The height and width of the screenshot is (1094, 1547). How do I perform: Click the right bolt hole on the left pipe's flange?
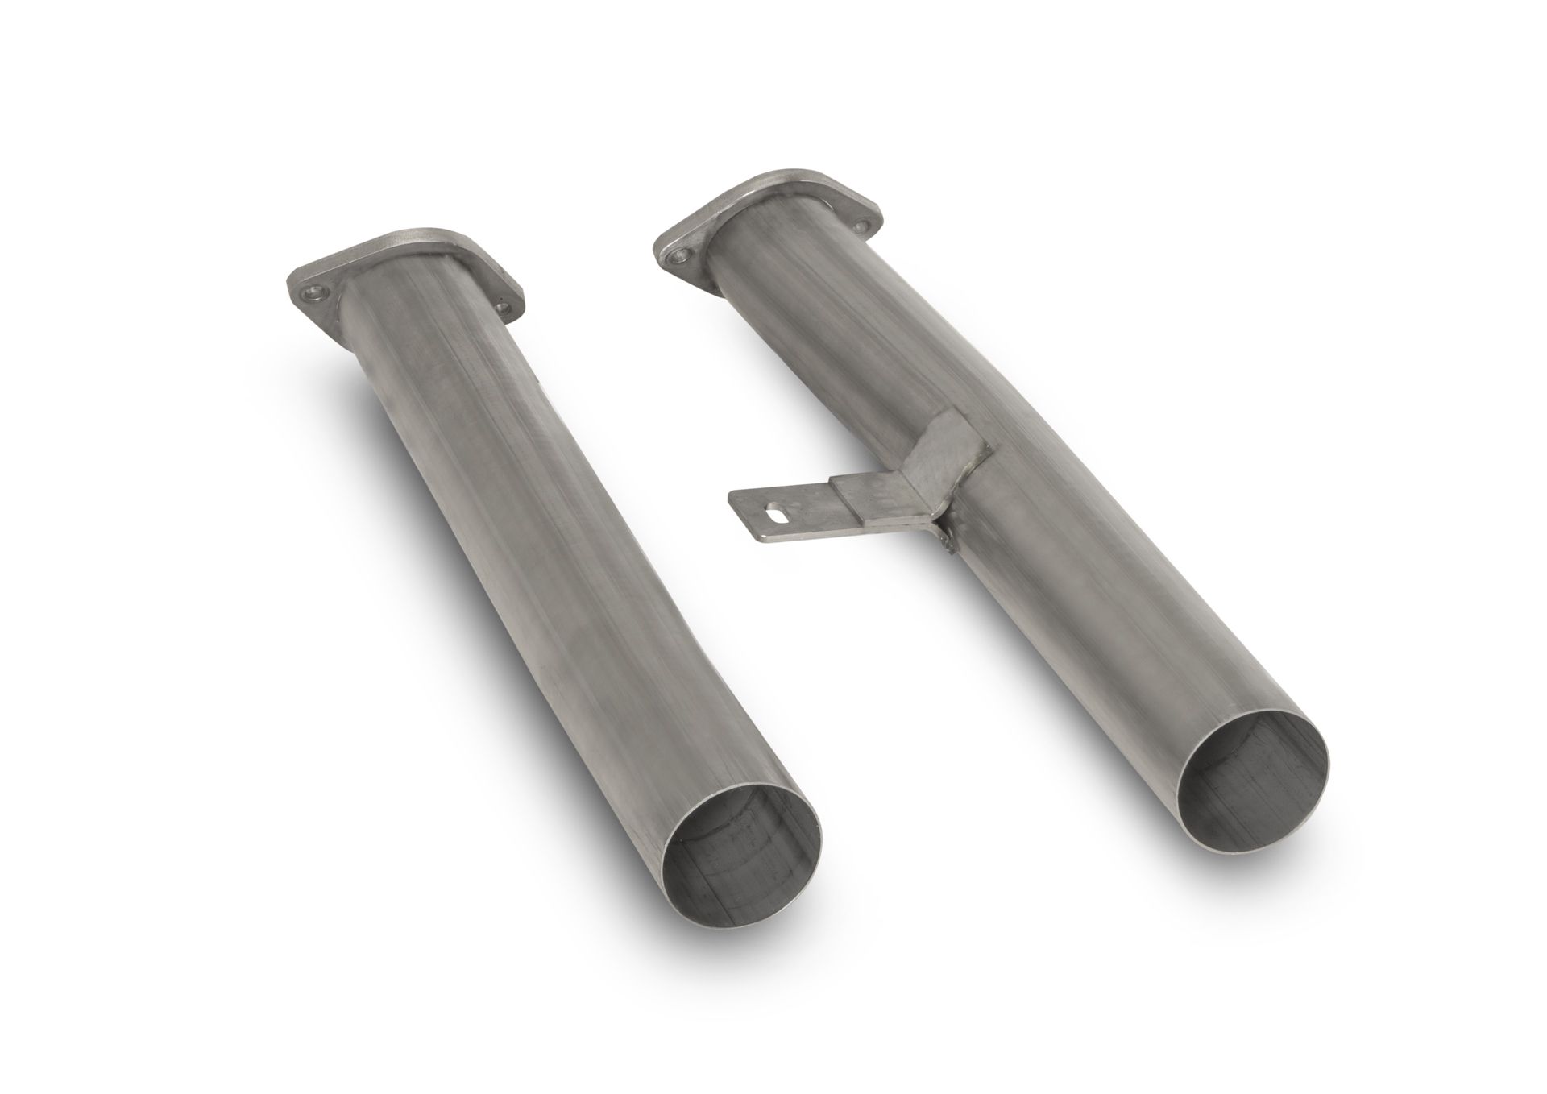504,307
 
